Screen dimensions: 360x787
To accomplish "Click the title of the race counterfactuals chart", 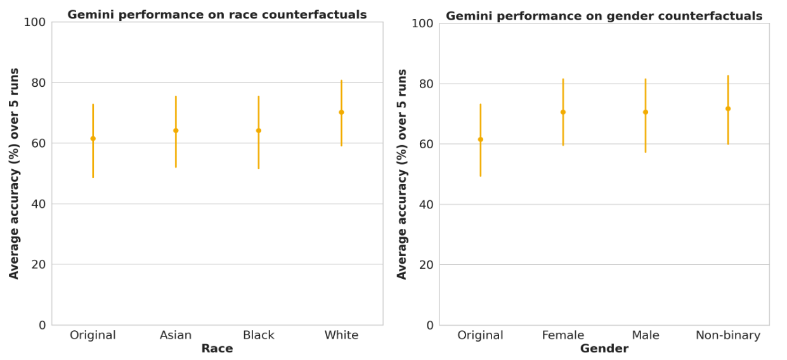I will [217, 15].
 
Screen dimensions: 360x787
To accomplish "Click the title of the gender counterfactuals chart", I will [604, 16].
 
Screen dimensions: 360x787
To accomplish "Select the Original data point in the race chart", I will [93, 138].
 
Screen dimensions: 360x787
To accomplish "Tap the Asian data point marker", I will [176, 131].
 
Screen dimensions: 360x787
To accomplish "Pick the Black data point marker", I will [259, 131].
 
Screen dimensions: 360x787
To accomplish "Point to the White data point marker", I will [341, 112].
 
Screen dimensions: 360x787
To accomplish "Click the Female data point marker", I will [563, 112].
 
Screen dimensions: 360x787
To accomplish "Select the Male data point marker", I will [646, 112].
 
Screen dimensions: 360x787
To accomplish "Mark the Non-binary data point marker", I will [728, 108].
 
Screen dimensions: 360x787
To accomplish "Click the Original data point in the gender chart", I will [480, 139].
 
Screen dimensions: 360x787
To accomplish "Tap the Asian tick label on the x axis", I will [176, 335].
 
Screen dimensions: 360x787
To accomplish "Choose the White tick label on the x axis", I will [341, 335].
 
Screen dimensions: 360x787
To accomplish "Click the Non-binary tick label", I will [728, 335].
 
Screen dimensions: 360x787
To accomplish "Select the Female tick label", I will [563, 335].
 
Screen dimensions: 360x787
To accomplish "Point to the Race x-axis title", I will [217, 349].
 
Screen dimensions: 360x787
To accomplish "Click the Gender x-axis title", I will [604, 349].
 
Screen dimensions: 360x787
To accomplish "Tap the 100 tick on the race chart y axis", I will [34, 22].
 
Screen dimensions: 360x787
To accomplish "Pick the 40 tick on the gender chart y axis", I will [426, 205].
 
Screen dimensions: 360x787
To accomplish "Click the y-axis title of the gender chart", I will [402, 174].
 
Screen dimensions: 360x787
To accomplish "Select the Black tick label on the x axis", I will [259, 335].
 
